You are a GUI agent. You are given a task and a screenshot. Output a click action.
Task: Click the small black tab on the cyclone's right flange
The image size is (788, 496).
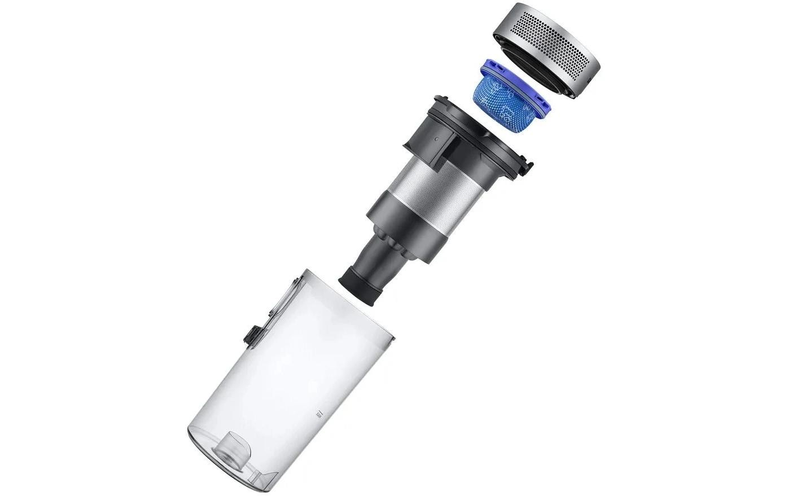point(528,167)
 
